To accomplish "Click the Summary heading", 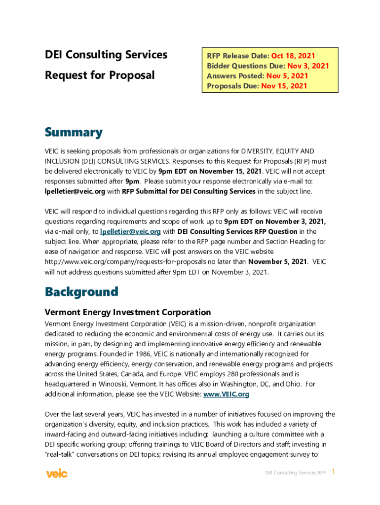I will [x=74, y=132].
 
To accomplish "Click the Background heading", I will [x=81, y=291].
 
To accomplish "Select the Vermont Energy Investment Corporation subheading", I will [x=128, y=312].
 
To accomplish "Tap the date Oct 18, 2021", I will [x=293, y=56].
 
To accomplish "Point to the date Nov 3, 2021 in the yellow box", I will [x=308, y=66].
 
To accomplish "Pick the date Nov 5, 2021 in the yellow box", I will [x=287, y=76].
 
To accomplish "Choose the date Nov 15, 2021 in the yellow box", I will [x=284, y=86].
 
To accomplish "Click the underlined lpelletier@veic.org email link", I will [x=130, y=231].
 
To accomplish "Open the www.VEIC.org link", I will [x=226, y=394].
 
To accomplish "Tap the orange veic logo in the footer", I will [x=57, y=473].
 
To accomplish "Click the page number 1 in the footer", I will [x=333, y=472].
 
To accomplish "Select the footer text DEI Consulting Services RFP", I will [x=296, y=473].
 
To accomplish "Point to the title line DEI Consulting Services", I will [x=106, y=55].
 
